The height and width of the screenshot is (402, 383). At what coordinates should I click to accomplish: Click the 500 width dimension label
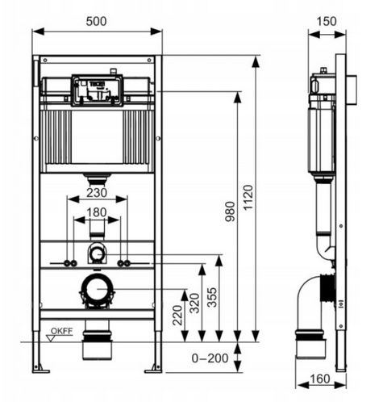click(96, 21)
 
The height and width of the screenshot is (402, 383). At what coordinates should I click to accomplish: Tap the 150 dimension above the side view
click(327, 21)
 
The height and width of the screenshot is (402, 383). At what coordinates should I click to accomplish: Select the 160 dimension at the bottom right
click(320, 379)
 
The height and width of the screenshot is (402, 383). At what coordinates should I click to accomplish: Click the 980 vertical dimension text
click(230, 211)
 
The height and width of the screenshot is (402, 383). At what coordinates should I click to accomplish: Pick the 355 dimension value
click(213, 297)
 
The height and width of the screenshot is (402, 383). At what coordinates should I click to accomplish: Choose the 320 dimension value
click(194, 304)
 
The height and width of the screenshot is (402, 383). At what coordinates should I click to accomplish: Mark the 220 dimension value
click(177, 315)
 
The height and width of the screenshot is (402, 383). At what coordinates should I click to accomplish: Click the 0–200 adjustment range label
click(210, 358)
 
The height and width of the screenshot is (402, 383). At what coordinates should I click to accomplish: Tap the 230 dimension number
click(97, 193)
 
